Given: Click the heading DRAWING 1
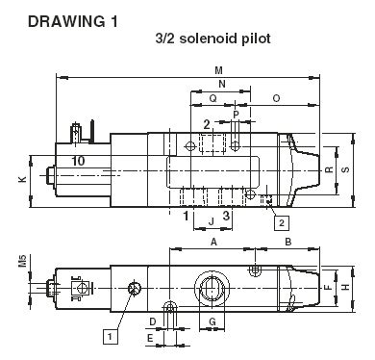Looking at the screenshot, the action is pyautogui.click(x=73, y=22).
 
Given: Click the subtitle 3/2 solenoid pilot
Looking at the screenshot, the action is pyautogui.click(x=212, y=39).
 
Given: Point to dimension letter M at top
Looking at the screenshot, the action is pyautogui.click(x=219, y=70).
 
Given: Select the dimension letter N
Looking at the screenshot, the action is pyautogui.click(x=222, y=84).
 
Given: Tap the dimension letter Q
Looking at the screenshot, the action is pyautogui.click(x=212, y=98).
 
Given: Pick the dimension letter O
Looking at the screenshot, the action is pyautogui.click(x=276, y=98).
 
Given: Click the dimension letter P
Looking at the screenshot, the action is pyautogui.click(x=237, y=115).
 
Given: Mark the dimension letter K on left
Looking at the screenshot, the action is pyautogui.click(x=22, y=179).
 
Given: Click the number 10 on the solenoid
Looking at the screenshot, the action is pyautogui.click(x=78, y=161).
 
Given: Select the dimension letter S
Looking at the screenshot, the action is pyautogui.click(x=345, y=169).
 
